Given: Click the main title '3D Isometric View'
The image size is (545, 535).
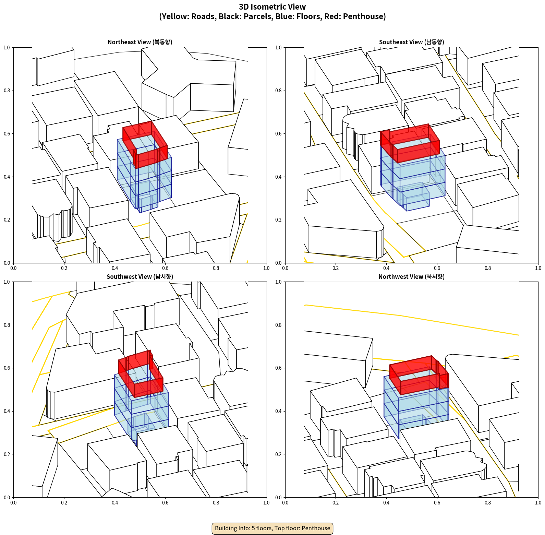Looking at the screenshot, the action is click(x=272, y=7).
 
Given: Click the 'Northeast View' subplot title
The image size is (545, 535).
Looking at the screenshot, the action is click(x=140, y=42).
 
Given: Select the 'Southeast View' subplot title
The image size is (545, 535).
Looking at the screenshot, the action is click(x=411, y=42).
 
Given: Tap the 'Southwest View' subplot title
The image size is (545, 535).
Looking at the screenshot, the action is click(x=140, y=276).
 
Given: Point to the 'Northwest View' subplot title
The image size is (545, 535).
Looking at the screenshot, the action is click(x=411, y=276).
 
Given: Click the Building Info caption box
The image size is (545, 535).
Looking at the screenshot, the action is click(x=272, y=528).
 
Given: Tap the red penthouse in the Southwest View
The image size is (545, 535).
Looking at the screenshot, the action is click(x=141, y=374).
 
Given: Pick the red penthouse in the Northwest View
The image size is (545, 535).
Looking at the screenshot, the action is click(x=419, y=376).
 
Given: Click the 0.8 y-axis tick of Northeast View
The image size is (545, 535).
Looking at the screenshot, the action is click(x=7, y=91).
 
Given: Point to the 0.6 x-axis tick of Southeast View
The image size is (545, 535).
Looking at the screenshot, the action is click(x=437, y=268).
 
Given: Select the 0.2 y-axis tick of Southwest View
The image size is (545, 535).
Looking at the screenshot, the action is click(x=7, y=454).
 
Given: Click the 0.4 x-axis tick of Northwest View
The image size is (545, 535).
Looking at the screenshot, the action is click(x=386, y=503).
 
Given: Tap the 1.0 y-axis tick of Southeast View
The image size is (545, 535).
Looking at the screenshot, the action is click(x=279, y=47).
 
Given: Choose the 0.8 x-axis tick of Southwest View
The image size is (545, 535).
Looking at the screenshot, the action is click(x=216, y=503).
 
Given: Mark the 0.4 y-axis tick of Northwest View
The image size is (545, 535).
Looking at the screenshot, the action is click(x=279, y=411).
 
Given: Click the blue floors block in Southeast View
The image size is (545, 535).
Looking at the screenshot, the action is click(x=413, y=178).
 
